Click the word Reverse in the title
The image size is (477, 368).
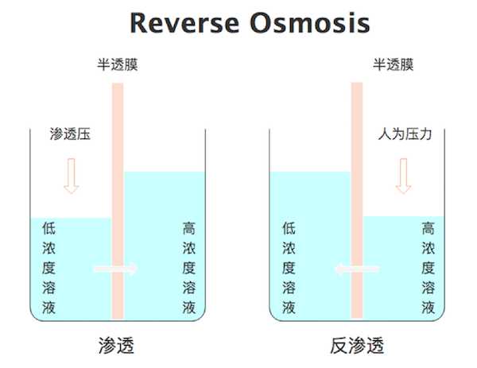click(184, 23)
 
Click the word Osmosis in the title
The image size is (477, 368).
click(310, 23)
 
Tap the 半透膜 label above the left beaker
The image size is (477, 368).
click(118, 65)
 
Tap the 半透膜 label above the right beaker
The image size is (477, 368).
click(394, 65)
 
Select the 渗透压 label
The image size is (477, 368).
click(70, 134)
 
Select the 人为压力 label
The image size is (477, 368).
click(405, 134)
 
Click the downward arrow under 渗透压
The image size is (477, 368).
click(72, 176)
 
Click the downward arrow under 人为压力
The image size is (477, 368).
click(403, 176)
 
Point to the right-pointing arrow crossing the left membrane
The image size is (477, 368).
click(115, 269)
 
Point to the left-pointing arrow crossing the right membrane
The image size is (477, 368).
click(356, 269)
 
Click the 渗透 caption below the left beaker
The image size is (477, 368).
click(116, 346)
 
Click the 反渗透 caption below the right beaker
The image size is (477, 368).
click(357, 346)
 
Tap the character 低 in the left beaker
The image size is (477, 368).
click(48, 228)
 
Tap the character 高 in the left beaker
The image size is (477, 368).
click(189, 228)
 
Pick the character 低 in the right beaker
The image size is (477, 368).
click(289, 228)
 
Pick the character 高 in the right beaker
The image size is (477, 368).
click(428, 228)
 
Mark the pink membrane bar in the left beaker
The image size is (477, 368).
click(118, 201)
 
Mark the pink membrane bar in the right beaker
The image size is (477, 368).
click(357, 200)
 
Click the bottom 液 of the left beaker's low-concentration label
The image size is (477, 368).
click(48, 308)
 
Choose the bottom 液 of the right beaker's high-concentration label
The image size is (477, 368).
click(428, 308)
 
